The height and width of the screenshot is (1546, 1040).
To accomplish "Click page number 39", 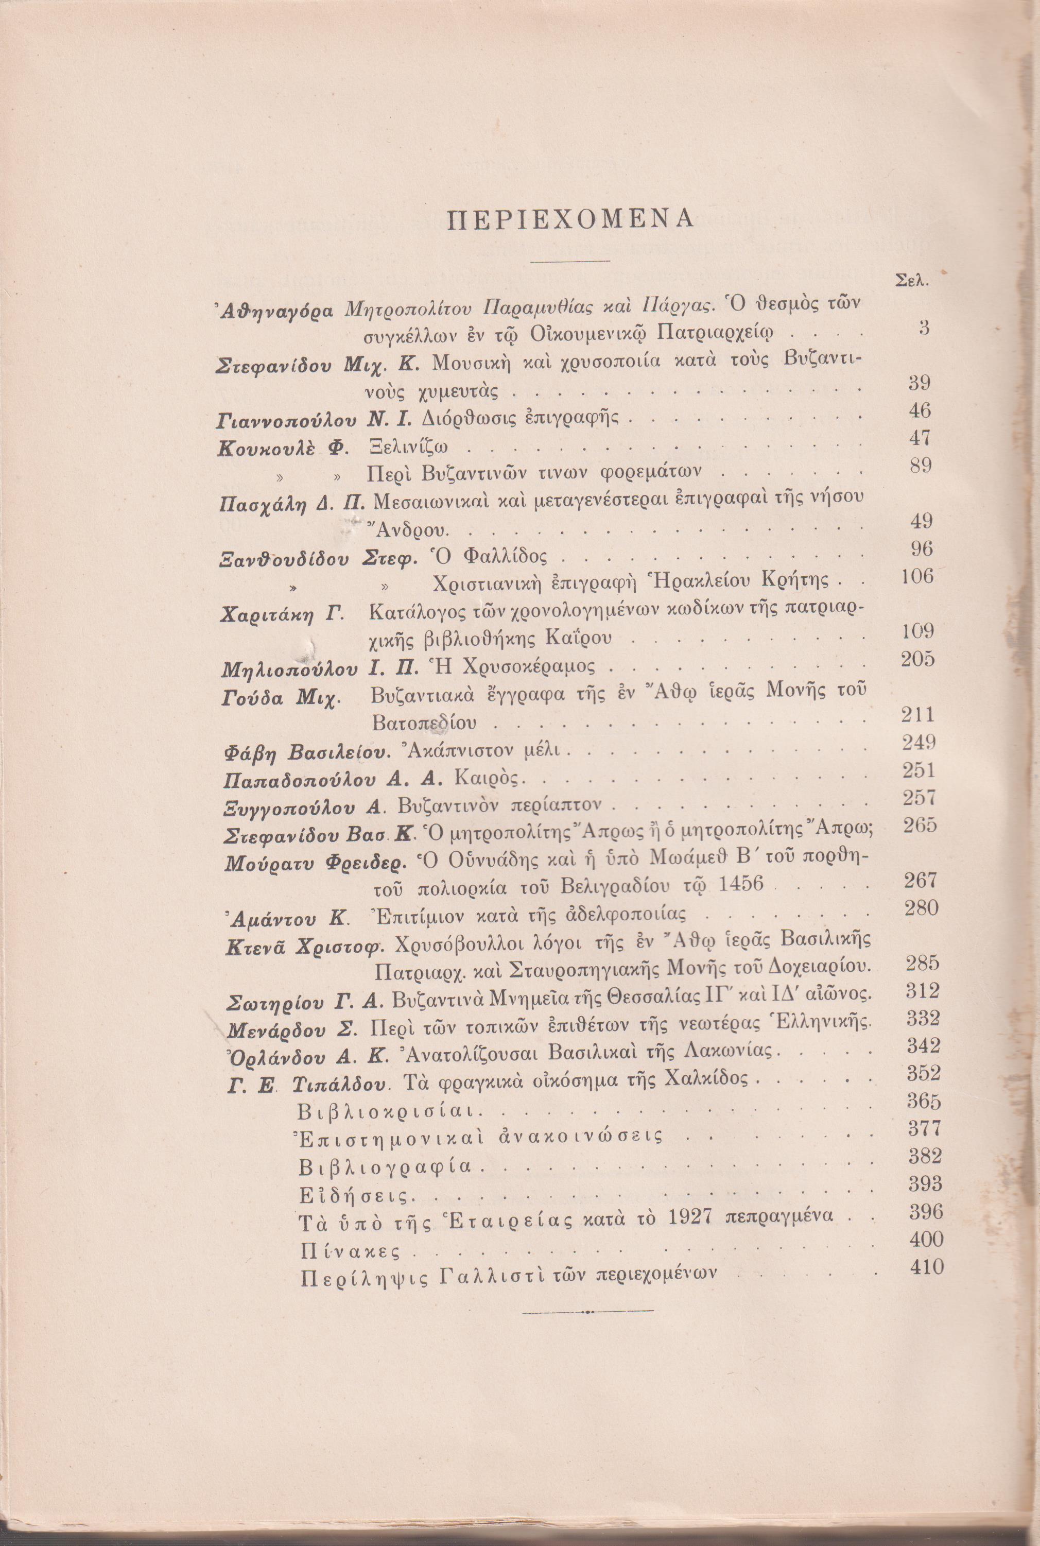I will click(918, 383).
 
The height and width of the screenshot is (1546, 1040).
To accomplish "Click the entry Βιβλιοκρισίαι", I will click(391, 1111).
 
